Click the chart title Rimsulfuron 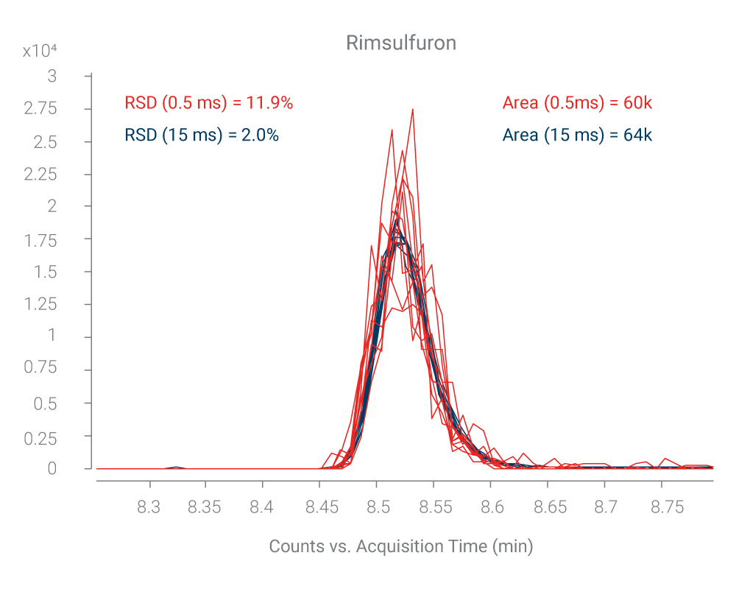point(401,43)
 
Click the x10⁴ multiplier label point(40,51)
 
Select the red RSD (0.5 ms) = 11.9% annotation point(209,103)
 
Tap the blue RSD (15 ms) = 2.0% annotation point(202,135)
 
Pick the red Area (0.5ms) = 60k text point(577,103)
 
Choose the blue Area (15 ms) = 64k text point(577,135)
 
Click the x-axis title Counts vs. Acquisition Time point(400,546)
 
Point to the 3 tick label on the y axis point(52,76)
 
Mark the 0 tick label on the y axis point(52,468)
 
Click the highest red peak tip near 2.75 point(413,110)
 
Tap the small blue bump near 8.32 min point(176,467)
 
